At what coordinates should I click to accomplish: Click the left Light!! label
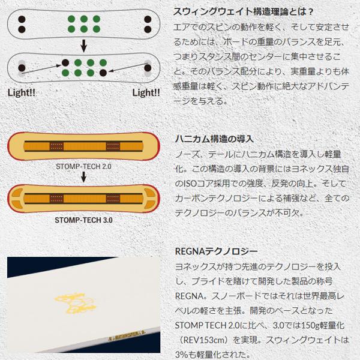pyautogui.click(x=20, y=94)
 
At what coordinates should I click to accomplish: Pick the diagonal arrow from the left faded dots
pyautogui.click(x=42, y=67)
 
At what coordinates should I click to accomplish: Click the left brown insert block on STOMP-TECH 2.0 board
pyautogui.click(x=57, y=146)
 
